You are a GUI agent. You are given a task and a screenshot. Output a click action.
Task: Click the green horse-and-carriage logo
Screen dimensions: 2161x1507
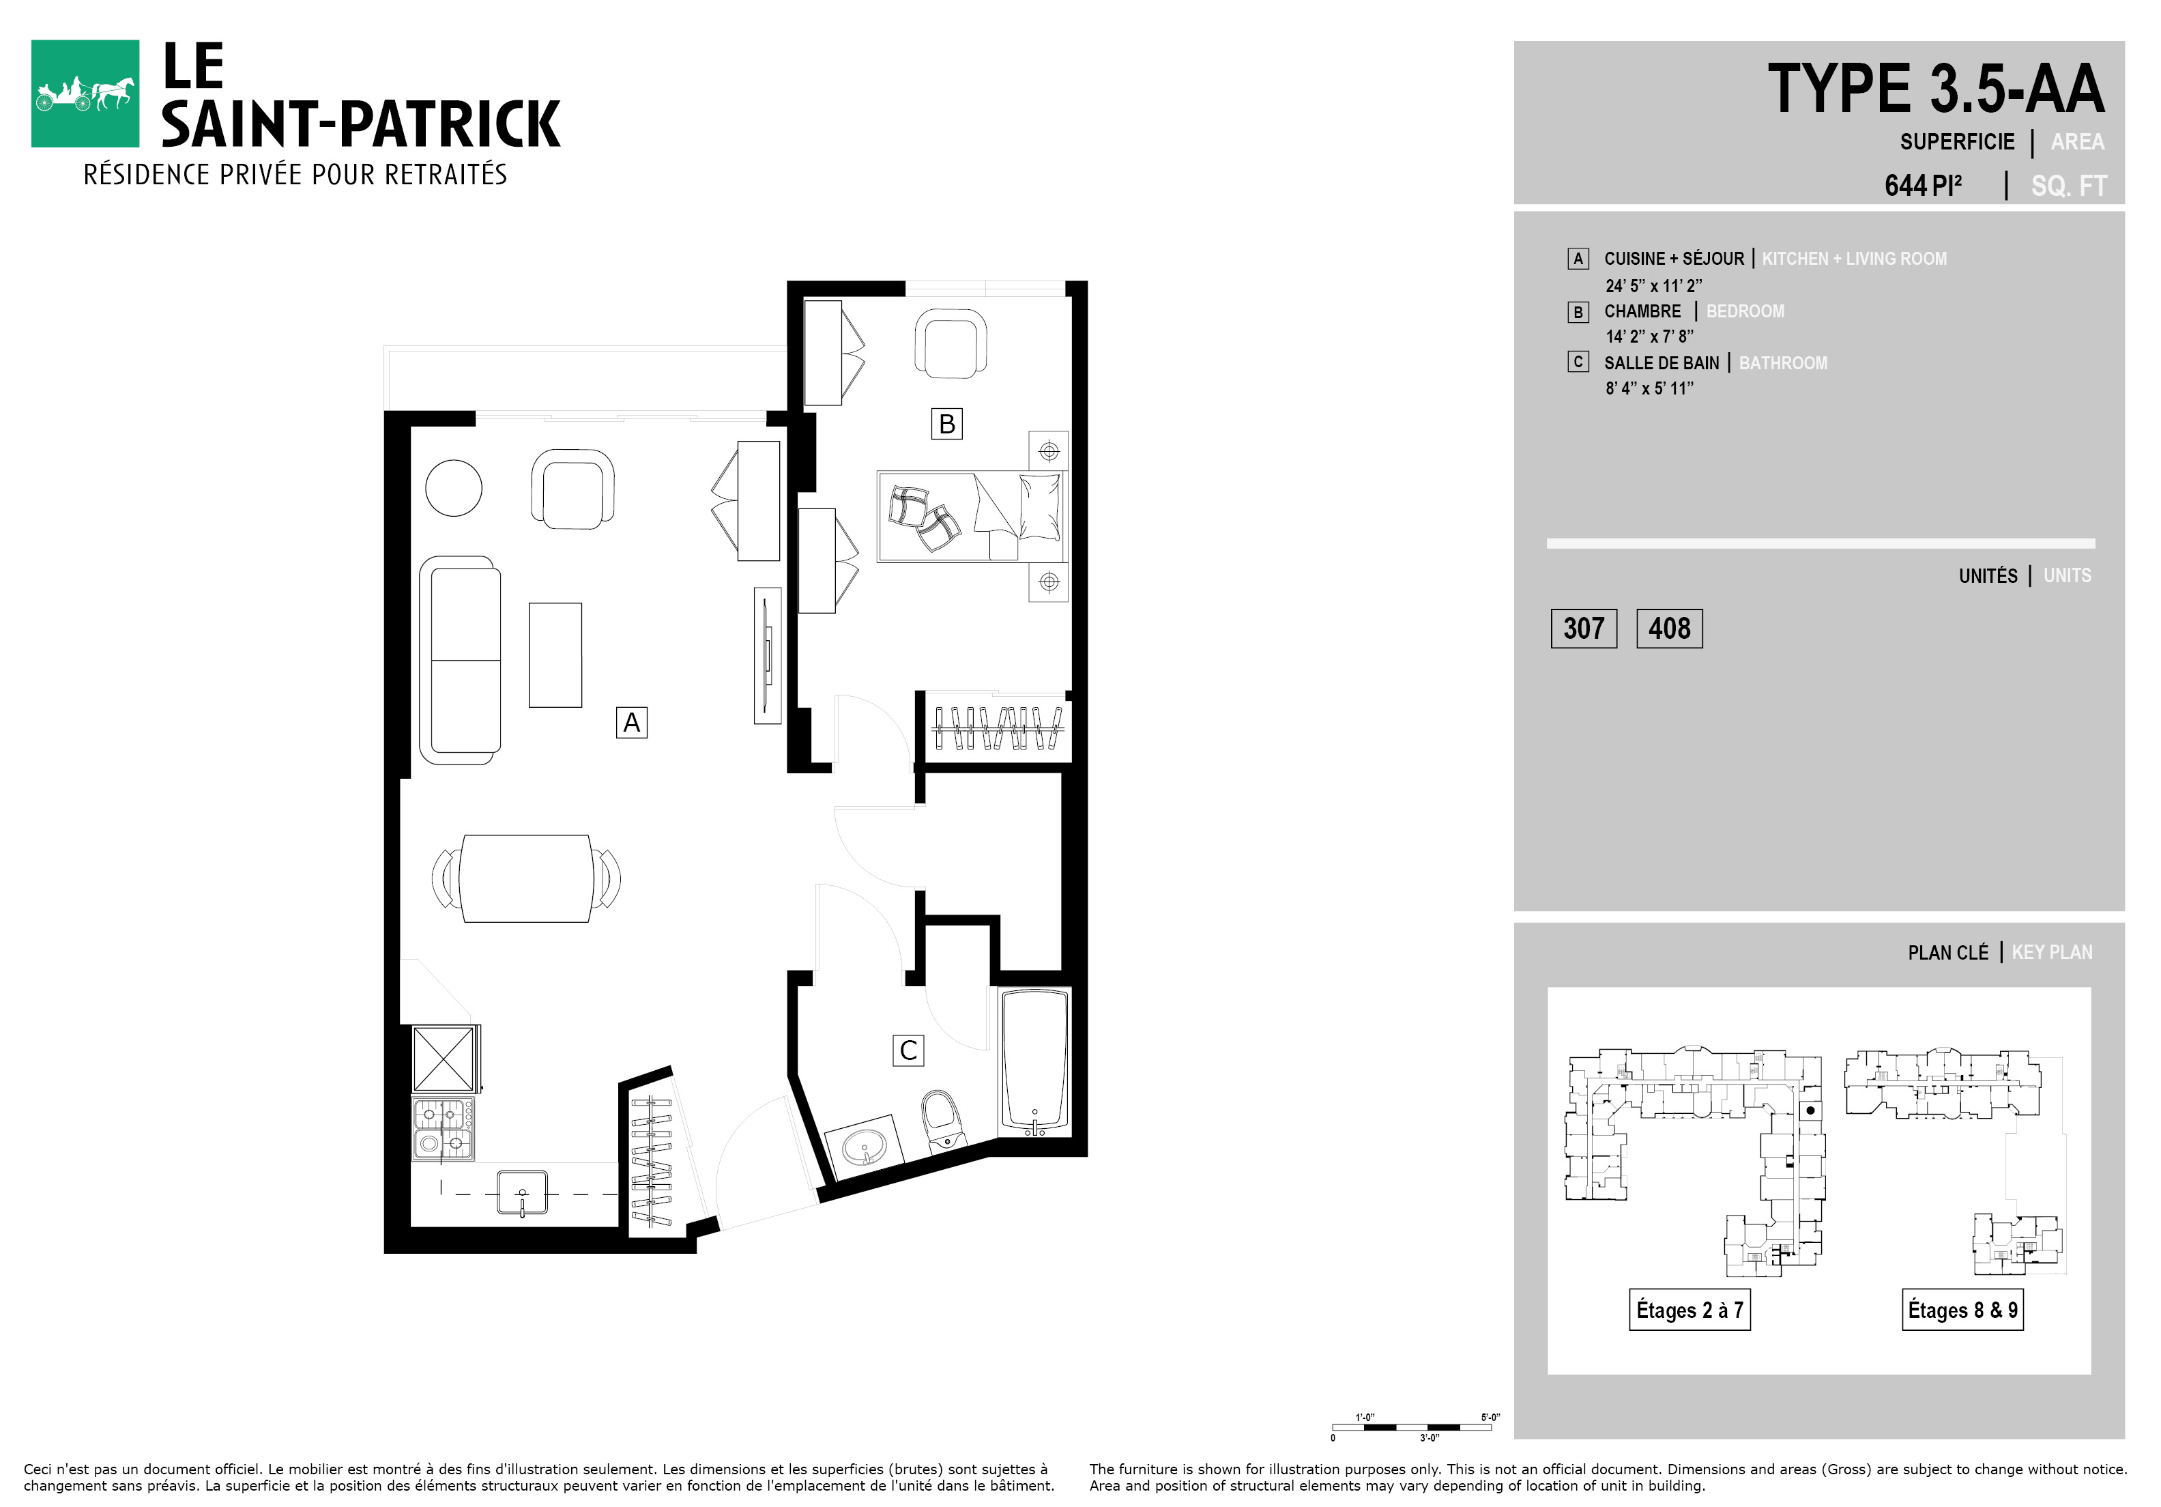[x=85, y=94]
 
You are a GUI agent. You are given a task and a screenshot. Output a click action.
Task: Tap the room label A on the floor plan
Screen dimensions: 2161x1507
[x=632, y=723]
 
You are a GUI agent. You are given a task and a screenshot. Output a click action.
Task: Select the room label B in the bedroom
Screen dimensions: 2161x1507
[x=947, y=424]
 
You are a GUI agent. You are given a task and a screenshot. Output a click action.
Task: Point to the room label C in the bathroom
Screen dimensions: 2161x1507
[x=908, y=1050]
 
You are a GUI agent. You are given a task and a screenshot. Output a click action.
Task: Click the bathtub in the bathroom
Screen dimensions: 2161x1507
[x=1034, y=1061]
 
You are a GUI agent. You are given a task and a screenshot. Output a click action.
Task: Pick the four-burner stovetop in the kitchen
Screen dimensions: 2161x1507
[x=442, y=1129]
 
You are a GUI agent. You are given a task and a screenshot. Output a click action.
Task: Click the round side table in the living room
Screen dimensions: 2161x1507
[x=454, y=487]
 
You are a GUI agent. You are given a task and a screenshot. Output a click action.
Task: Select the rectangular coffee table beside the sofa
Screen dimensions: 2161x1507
[x=555, y=655]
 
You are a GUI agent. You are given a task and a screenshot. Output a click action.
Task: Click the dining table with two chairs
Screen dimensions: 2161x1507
[x=525, y=878]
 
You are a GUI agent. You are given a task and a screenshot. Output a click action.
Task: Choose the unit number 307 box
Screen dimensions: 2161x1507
[x=1584, y=629]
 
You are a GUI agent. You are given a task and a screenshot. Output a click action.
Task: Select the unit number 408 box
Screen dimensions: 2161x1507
[x=1670, y=629]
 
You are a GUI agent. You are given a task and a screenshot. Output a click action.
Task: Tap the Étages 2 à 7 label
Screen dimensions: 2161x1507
[x=1689, y=1309]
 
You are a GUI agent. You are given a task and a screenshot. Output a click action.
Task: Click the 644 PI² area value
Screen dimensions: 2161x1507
[x=1923, y=184]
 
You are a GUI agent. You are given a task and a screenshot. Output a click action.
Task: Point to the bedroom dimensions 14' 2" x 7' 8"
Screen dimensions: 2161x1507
[x=1650, y=336]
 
